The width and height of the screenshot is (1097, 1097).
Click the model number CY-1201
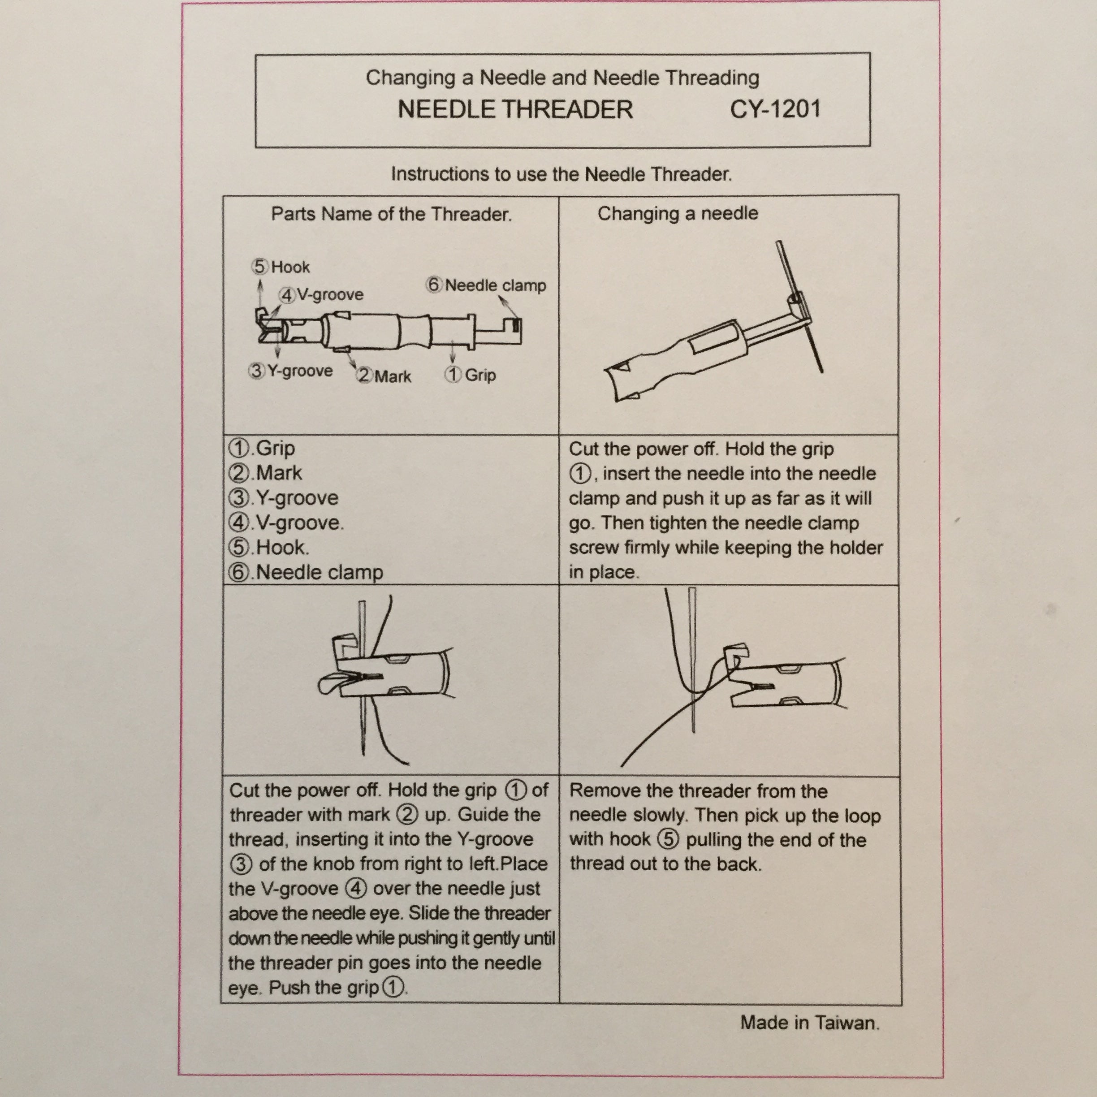[x=775, y=109]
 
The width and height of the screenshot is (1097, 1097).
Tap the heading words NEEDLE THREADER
[x=515, y=110]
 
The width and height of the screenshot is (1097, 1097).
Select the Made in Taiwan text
[x=809, y=1023]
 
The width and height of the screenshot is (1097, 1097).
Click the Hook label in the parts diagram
[x=289, y=267]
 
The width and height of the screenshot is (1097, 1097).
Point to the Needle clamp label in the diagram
[x=495, y=285]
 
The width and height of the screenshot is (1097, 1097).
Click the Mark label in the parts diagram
[x=392, y=376]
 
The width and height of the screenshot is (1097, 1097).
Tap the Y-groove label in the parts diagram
[x=300, y=371]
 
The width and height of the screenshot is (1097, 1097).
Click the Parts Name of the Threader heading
[x=391, y=214]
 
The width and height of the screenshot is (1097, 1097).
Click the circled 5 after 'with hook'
[x=668, y=839]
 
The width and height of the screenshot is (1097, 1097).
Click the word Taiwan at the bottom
[x=847, y=1023]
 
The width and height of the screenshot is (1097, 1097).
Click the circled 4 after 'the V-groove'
[x=356, y=888]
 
